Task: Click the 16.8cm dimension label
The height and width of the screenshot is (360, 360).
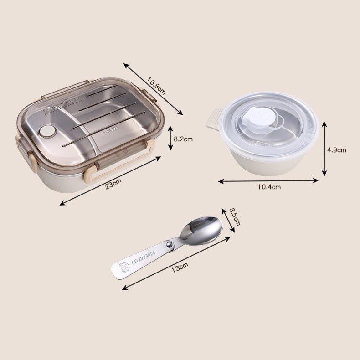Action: coord(156,86)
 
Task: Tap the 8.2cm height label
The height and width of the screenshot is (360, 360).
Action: coord(183,139)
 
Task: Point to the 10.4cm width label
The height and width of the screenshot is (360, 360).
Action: coord(268,187)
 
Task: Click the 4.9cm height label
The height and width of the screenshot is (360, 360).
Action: coord(337,149)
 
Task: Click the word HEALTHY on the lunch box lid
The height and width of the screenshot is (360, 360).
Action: coord(63,105)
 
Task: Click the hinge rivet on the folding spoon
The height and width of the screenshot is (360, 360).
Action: coord(170,246)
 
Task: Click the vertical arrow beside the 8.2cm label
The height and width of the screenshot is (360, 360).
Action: coord(170,138)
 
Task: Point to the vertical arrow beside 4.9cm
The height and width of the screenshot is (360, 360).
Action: coord(324,148)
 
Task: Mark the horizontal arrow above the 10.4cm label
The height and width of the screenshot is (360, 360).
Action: coord(268,180)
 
